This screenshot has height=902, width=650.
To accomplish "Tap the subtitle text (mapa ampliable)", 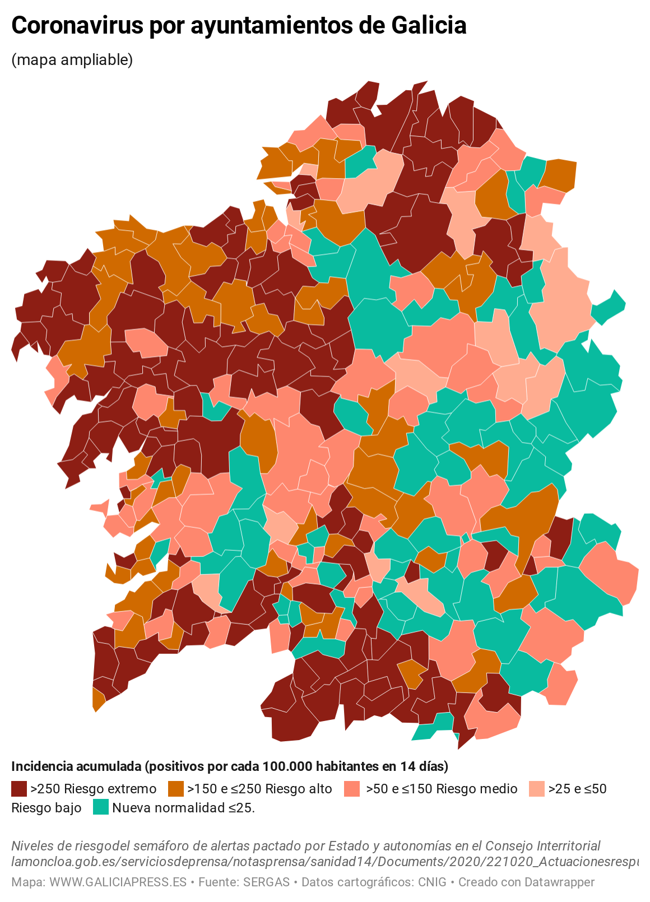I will coord(72,60).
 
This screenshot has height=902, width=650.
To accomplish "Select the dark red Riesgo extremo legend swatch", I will coord(19,789).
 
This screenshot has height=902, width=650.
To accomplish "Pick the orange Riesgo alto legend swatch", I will coord(175,789).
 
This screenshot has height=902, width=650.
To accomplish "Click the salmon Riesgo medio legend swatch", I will coord(352,789).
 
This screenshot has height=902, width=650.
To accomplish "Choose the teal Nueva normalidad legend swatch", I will coord(101,807).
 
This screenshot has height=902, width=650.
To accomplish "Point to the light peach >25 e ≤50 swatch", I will coord(536,789).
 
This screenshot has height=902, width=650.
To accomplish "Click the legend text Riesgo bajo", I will coord(47,808).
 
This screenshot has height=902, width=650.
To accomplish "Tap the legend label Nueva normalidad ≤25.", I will coord(183,808).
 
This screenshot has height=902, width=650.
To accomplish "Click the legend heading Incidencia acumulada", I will coord(77,766).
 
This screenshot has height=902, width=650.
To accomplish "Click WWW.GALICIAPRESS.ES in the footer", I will coord(118,882).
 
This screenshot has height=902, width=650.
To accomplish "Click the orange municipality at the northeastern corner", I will coord(560,175).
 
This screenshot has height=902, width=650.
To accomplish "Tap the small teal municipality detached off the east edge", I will coord(609,307).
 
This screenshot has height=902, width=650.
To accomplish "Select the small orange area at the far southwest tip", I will coord(98,700).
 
